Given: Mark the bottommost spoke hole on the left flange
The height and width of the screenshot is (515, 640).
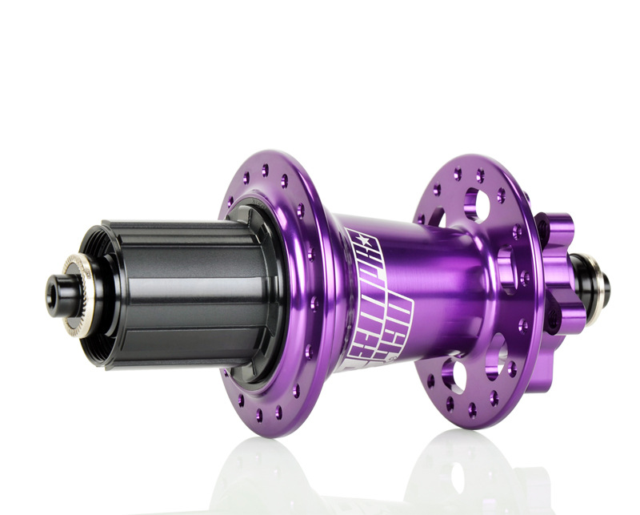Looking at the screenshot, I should click(259, 414).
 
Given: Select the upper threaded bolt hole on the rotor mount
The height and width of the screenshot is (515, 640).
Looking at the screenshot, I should click(546, 228).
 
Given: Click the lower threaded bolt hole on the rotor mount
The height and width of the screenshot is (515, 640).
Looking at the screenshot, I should click(552, 321).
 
